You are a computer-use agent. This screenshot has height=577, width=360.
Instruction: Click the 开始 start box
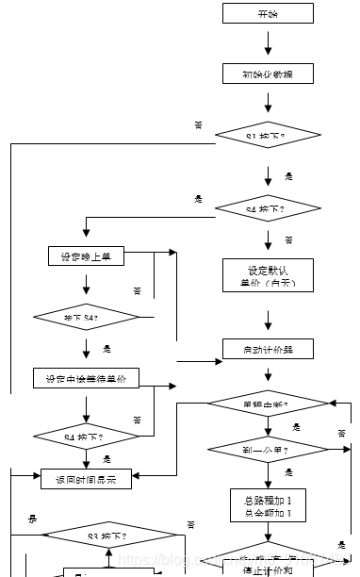[268, 13]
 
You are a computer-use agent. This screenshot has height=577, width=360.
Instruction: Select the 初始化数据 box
[268, 74]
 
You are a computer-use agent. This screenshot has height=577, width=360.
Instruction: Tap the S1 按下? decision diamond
[268, 137]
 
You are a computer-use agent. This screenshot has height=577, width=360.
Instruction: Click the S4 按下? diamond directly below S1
[268, 207]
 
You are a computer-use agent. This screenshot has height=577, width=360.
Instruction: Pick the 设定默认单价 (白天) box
[268, 275]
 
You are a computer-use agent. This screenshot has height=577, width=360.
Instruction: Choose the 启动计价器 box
[268, 349]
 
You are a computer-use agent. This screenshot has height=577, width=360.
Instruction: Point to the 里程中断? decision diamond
[268, 404]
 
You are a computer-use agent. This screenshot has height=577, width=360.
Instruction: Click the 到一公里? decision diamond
[268, 450]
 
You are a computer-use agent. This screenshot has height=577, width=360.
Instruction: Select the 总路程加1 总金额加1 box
[268, 506]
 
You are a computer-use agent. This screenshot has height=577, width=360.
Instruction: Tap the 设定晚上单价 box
[86, 256]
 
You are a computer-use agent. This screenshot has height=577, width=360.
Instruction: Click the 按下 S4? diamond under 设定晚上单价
[86, 319]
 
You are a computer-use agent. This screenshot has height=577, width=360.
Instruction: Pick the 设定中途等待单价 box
[86, 378]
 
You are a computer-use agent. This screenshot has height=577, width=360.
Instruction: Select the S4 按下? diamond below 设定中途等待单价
[86, 437]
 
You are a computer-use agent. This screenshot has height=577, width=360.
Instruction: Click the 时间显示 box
[86, 479]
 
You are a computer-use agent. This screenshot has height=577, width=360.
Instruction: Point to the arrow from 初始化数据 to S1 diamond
[268, 104]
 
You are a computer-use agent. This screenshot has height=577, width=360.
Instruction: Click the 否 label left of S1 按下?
[198, 124]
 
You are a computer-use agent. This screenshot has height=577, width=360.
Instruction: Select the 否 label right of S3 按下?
[190, 524]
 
